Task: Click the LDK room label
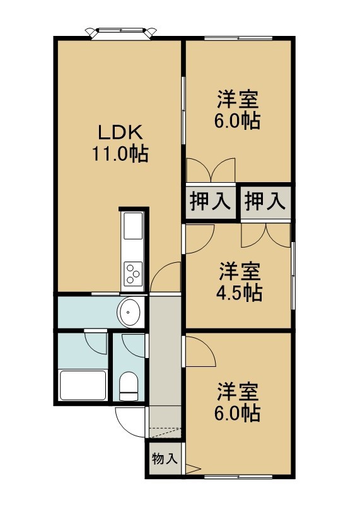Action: pyautogui.click(x=120, y=133)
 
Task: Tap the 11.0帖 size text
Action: pyautogui.click(x=120, y=154)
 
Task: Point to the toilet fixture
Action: pyautogui.click(x=129, y=386)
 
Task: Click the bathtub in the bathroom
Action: pyautogui.click(x=83, y=385)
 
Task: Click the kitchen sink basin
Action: pyautogui.click(x=133, y=226)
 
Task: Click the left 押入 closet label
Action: pyautogui.click(x=210, y=201)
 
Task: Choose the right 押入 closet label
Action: pyautogui.click(x=265, y=201)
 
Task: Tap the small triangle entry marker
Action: pyautogui.click(x=192, y=469)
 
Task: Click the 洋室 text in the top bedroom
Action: pyautogui.click(x=238, y=100)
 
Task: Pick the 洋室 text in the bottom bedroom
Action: pyautogui.click(x=238, y=392)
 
